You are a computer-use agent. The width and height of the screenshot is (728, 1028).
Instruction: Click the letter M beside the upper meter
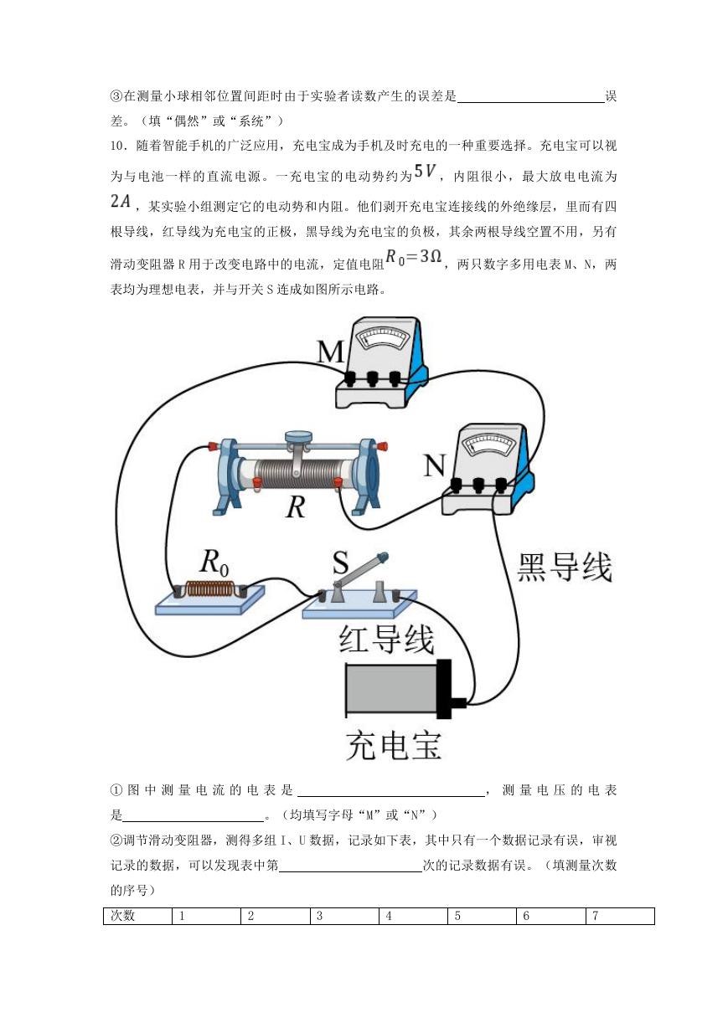[331, 352]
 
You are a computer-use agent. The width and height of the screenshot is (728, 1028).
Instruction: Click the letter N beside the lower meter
[434, 465]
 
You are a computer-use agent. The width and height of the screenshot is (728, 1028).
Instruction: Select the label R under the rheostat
[295, 507]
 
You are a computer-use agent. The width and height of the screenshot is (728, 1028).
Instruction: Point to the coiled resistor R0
[210, 589]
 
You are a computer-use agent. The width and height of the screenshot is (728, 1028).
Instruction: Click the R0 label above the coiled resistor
[214, 563]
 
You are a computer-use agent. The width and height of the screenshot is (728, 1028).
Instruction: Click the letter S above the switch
[340, 563]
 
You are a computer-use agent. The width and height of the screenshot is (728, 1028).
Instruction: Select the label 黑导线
[565, 568]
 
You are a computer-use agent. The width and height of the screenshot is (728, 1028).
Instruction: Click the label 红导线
[386, 639]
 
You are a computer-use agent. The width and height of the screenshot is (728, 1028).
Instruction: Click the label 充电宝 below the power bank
[394, 746]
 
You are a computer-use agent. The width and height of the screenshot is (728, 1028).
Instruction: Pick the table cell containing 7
[620, 916]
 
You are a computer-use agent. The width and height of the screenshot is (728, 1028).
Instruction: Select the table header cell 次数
[137, 916]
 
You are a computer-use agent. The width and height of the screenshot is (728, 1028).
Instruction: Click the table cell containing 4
[413, 916]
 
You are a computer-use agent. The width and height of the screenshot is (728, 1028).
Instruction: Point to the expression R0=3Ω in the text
[413, 256]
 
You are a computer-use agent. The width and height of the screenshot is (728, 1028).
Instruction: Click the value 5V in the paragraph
[425, 171]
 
